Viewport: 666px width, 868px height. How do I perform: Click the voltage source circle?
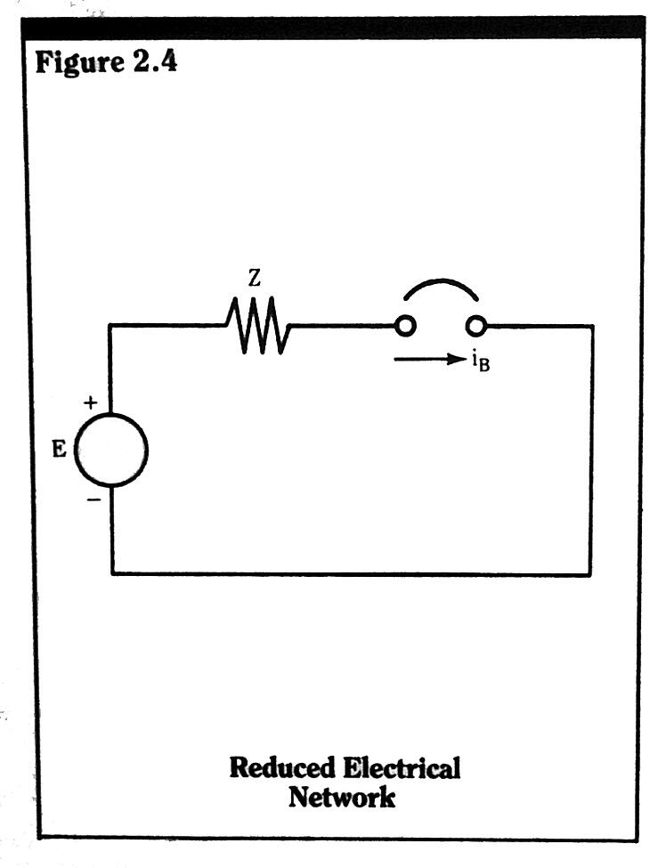(111, 451)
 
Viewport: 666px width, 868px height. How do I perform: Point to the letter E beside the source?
(59, 449)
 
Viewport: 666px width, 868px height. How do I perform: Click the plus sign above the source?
(91, 403)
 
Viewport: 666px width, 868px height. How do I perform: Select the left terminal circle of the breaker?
(406, 326)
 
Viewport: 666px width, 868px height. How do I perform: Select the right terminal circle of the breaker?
(476, 326)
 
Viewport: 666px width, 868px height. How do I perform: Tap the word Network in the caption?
(341, 797)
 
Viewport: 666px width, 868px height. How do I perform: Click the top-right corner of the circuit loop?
(591, 327)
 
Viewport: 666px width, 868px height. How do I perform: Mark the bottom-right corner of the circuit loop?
(589, 574)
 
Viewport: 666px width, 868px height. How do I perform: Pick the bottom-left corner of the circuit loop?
(112, 573)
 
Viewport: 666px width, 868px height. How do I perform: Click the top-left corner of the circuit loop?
(111, 326)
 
